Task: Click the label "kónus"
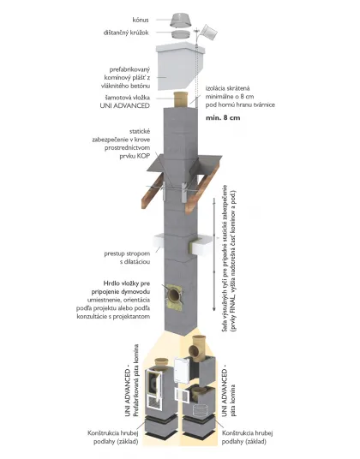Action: (141, 20)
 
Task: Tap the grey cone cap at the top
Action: (181, 21)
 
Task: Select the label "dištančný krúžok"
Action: (126, 33)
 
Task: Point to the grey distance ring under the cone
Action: (181, 33)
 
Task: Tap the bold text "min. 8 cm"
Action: (223, 117)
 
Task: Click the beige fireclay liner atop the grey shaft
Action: (182, 99)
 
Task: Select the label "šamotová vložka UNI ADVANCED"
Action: (125, 102)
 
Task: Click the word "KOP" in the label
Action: (143, 156)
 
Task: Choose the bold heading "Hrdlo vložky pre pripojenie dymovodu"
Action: (127, 288)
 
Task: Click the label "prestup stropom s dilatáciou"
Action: (127, 257)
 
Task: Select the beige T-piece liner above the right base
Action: (198, 348)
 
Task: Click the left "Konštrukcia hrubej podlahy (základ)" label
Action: (113, 438)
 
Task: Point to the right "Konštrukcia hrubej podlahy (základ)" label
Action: (248, 438)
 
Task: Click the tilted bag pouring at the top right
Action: (210, 33)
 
